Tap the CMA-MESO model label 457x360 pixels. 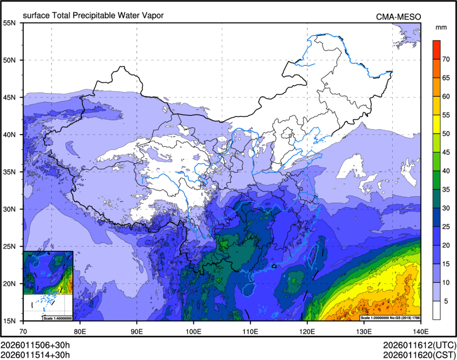pos(399,16)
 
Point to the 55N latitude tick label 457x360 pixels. pos(10,23)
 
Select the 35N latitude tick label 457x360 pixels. pos(10,172)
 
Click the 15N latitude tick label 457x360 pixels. pos(10,321)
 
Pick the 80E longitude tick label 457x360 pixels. pos(81,331)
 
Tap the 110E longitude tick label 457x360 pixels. pos(250,331)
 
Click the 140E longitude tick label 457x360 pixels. pos(420,331)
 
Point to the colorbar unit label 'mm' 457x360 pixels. pos(441,27)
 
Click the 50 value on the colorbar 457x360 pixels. pos(446,134)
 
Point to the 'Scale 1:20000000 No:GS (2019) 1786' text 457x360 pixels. pos(390,318)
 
